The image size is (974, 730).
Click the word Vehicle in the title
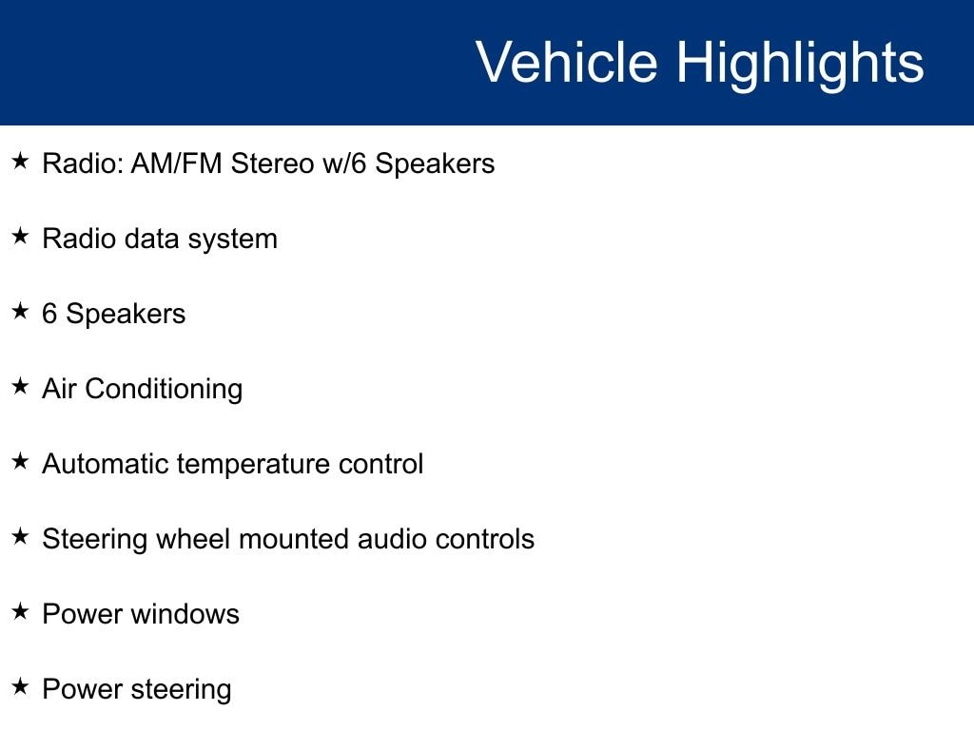point(567,62)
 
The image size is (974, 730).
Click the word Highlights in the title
point(800,66)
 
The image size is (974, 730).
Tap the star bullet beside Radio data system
point(21,236)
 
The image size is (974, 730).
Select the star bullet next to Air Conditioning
point(21,386)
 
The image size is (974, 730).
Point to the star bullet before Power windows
point(21,611)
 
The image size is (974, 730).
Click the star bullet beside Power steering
point(21,686)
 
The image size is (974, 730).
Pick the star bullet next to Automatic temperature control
point(21,461)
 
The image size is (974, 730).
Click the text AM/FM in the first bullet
point(176,163)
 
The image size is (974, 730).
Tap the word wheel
point(193,539)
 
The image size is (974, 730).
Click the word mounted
point(294,539)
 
